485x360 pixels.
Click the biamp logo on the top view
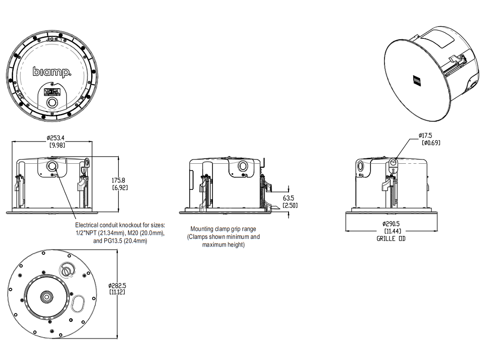point(52,72)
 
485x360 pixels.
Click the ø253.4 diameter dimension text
point(53,138)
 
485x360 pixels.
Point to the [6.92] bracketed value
point(120,187)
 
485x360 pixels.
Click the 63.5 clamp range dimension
point(289,198)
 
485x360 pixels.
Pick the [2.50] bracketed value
point(290,205)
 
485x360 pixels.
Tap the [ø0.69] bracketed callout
point(430,142)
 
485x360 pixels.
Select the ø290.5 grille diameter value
point(391,224)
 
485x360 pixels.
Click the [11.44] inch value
point(391,231)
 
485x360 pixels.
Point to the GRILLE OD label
point(391,238)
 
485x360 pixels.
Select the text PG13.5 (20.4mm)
point(125,240)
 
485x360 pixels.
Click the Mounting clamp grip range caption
point(223,229)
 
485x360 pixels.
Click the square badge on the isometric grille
point(417,79)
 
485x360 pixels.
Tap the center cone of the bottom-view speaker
point(48,296)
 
